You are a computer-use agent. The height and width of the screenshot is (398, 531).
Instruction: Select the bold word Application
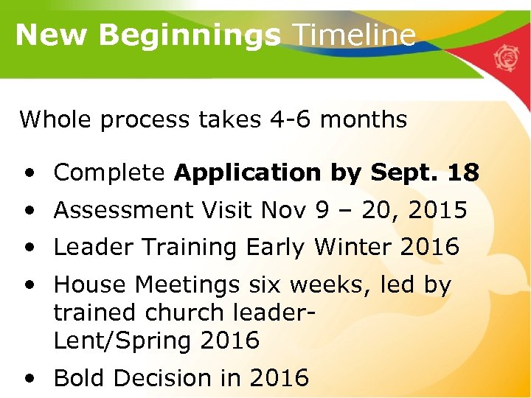coord(247,173)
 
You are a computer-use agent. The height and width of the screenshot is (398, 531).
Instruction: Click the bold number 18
coord(463,173)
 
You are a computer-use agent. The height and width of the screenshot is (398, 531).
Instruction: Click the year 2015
coord(437,211)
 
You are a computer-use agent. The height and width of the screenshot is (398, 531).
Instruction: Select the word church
coord(187,313)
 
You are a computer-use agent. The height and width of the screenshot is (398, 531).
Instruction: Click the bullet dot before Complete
coord(28,174)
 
